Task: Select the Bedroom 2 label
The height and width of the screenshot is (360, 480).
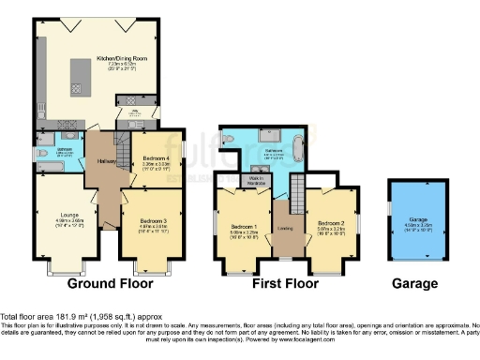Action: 331,222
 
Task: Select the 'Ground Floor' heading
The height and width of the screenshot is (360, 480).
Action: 104,283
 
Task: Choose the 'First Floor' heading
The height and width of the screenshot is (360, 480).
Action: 288,283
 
